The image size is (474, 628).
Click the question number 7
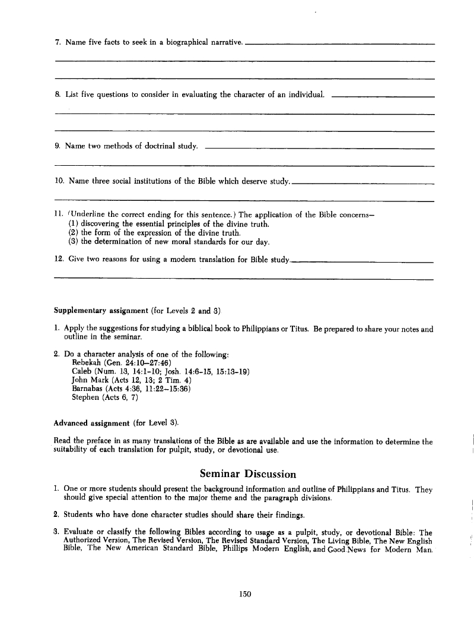pyautogui.click(x=57, y=42)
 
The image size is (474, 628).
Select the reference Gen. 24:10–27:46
pyautogui.click(x=137, y=362)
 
